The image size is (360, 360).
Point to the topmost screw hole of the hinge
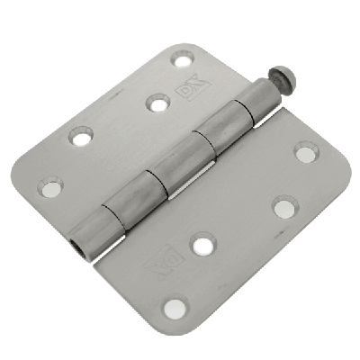click(x=183, y=60)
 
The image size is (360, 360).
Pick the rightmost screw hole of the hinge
click(x=306, y=152)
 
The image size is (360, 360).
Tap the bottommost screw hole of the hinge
click(x=175, y=309)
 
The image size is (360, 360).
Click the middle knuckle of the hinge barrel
click(x=160, y=172)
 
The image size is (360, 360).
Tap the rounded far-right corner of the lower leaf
click(x=328, y=148)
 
